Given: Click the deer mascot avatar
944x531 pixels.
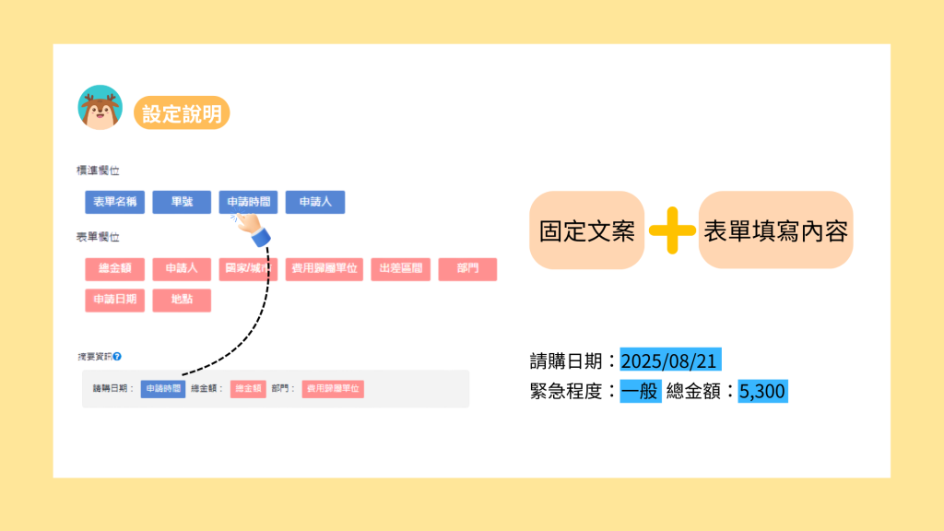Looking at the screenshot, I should (x=100, y=108).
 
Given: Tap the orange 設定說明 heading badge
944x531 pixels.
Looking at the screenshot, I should (x=182, y=112).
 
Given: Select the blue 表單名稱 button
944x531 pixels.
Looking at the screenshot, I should (x=112, y=202).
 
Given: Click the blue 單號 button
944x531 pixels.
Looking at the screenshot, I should (x=182, y=202).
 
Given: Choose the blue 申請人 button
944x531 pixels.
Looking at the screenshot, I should (x=314, y=202).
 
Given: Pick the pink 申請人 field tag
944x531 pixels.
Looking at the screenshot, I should (x=182, y=269).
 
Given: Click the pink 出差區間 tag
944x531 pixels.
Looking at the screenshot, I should (x=400, y=269).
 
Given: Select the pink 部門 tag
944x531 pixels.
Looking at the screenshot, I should (x=467, y=269).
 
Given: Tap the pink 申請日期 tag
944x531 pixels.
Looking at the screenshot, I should (x=115, y=301).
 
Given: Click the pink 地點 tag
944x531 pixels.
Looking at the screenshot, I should (x=182, y=301).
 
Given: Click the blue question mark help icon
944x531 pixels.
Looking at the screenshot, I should (x=118, y=356).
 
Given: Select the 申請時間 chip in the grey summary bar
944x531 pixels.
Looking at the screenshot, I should (x=163, y=389).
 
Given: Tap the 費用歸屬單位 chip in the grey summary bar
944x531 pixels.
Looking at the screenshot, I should (x=333, y=389).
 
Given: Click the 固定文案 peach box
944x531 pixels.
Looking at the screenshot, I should (x=586, y=230).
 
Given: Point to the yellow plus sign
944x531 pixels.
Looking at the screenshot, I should (x=671, y=230).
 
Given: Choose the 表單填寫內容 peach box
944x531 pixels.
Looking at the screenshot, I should (x=775, y=230).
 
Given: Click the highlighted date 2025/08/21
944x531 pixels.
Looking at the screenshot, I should (x=671, y=360).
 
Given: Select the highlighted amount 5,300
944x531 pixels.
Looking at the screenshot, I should (x=761, y=391).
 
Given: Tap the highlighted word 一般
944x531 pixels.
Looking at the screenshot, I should (x=641, y=391).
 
